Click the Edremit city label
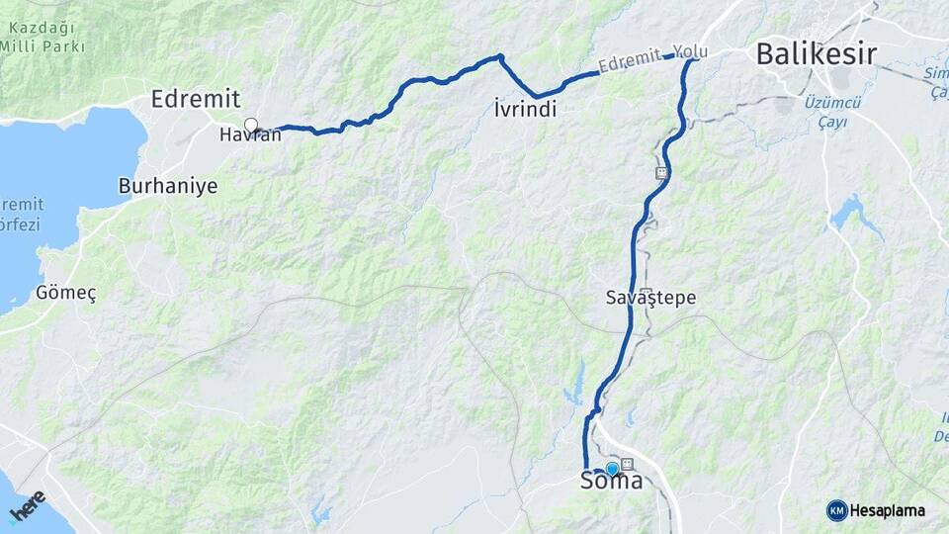(x=195, y=99)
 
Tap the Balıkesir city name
(x=816, y=54)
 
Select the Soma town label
(x=610, y=483)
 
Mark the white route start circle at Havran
(x=251, y=126)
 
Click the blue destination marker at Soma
(x=612, y=469)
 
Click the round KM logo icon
(x=836, y=510)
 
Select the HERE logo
(x=27, y=507)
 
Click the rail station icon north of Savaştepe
(x=660, y=173)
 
